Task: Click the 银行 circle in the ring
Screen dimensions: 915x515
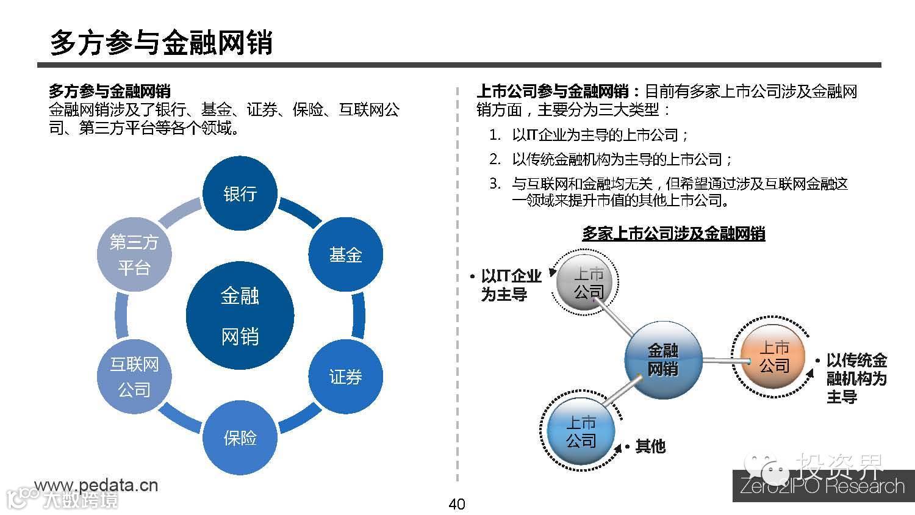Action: pyautogui.click(x=240, y=194)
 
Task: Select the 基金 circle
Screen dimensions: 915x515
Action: pyautogui.click(x=345, y=254)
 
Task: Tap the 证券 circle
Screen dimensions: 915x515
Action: pyautogui.click(x=345, y=376)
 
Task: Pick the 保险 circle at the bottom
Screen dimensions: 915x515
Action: pyautogui.click(x=240, y=438)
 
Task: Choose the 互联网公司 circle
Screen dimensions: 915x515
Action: pyautogui.click(x=134, y=376)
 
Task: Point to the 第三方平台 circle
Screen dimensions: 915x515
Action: pyautogui.click(x=134, y=254)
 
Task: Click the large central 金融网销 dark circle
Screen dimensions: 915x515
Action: pyautogui.click(x=240, y=316)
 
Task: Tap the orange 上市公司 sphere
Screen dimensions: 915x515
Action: pyautogui.click(x=773, y=357)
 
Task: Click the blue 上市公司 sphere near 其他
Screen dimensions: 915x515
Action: pyautogui.click(x=580, y=431)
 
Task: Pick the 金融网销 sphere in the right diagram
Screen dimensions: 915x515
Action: pyautogui.click(x=663, y=359)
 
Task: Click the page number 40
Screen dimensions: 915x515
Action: pyautogui.click(x=456, y=504)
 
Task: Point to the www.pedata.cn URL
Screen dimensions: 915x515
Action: pyautogui.click(x=96, y=485)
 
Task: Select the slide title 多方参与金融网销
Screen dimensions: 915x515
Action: pyautogui.click(x=161, y=42)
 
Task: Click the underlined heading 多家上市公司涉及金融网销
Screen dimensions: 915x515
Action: pyautogui.click(x=673, y=234)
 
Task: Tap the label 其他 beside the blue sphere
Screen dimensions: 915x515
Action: pyautogui.click(x=650, y=447)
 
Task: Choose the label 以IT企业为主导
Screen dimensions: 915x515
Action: pyautogui.click(x=511, y=285)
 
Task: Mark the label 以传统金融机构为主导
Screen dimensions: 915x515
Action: pyautogui.click(x=856, y=378)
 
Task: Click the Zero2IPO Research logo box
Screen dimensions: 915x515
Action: pyautogui.click(x=823, y=486)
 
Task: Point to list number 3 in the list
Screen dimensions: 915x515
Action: pyautogui.click(x=495, y=184)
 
